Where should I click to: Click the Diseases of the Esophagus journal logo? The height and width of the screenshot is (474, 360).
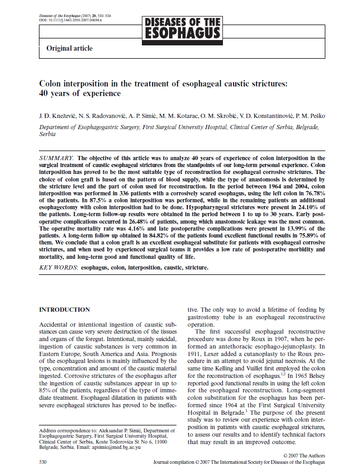[x=183, y=28]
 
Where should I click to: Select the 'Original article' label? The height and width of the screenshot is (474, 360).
[x=69, y=49]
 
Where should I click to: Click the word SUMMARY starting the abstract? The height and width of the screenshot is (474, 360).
[x=57, y=158]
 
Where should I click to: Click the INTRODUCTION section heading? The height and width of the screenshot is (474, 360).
[x=65, y=310]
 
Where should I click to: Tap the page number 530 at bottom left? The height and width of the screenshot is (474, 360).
[x=44, y=460]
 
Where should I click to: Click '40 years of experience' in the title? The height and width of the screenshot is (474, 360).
[x=80, y=93]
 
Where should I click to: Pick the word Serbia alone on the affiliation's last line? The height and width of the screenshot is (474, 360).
[x=47, y=135]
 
